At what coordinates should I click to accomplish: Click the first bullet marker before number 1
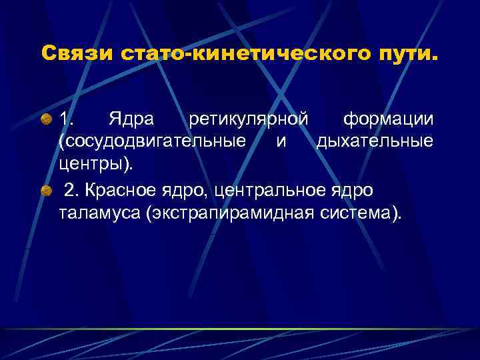(x=46, y=120)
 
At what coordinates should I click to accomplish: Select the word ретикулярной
(x=248, y=120)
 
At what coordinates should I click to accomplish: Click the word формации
(x=388, y=120)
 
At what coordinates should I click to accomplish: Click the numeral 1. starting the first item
(x=67, y=120)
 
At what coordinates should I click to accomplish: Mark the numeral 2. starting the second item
(x=72, y=191)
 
